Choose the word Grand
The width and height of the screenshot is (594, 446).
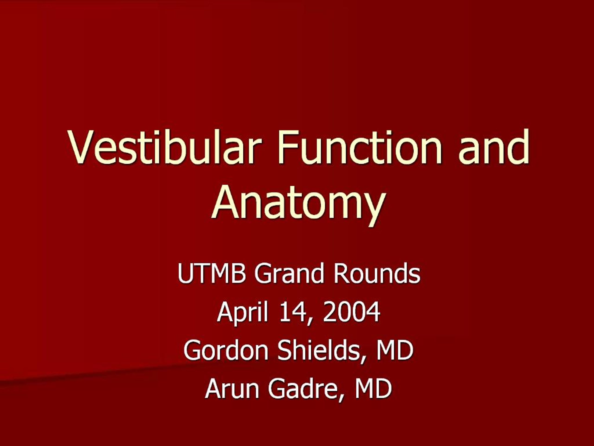[289, 273]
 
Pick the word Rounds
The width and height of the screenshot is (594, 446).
[377, 273]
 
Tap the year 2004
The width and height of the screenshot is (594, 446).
[351, 312]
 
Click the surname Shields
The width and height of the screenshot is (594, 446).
[318, 350]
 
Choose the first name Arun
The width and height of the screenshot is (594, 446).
[232, 388]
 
